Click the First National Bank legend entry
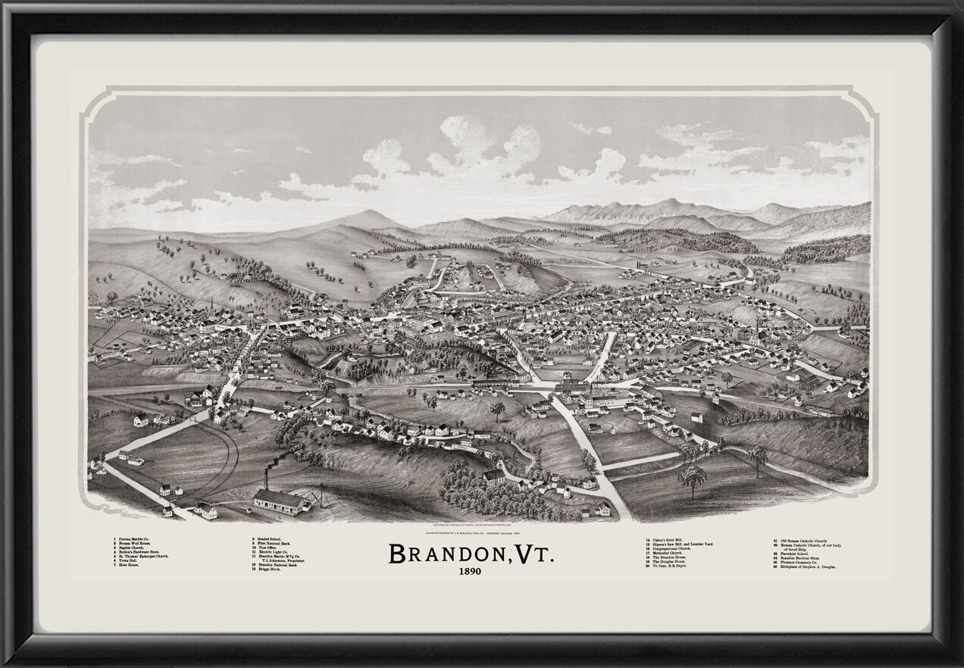pyautogui.click(x=274, y=543)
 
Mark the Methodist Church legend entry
pyautogui.click(x=668, y=553)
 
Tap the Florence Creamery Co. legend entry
pyautogui.click(x=800, y=562)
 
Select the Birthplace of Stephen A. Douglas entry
pyautogui.click(x=808, y=567)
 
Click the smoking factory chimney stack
pyautogui.click(x=266, y=479)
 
